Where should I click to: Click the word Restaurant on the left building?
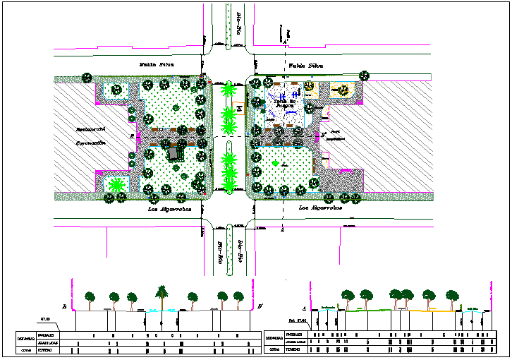(91, 129)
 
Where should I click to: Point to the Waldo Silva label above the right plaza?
(305, 66)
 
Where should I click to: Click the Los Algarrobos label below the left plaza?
(165, 209)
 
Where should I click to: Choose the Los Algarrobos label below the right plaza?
(319, 209)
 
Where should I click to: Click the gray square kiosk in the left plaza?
(173, 152)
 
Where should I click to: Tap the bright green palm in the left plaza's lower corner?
(115, 186)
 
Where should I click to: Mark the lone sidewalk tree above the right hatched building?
(364, 75)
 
